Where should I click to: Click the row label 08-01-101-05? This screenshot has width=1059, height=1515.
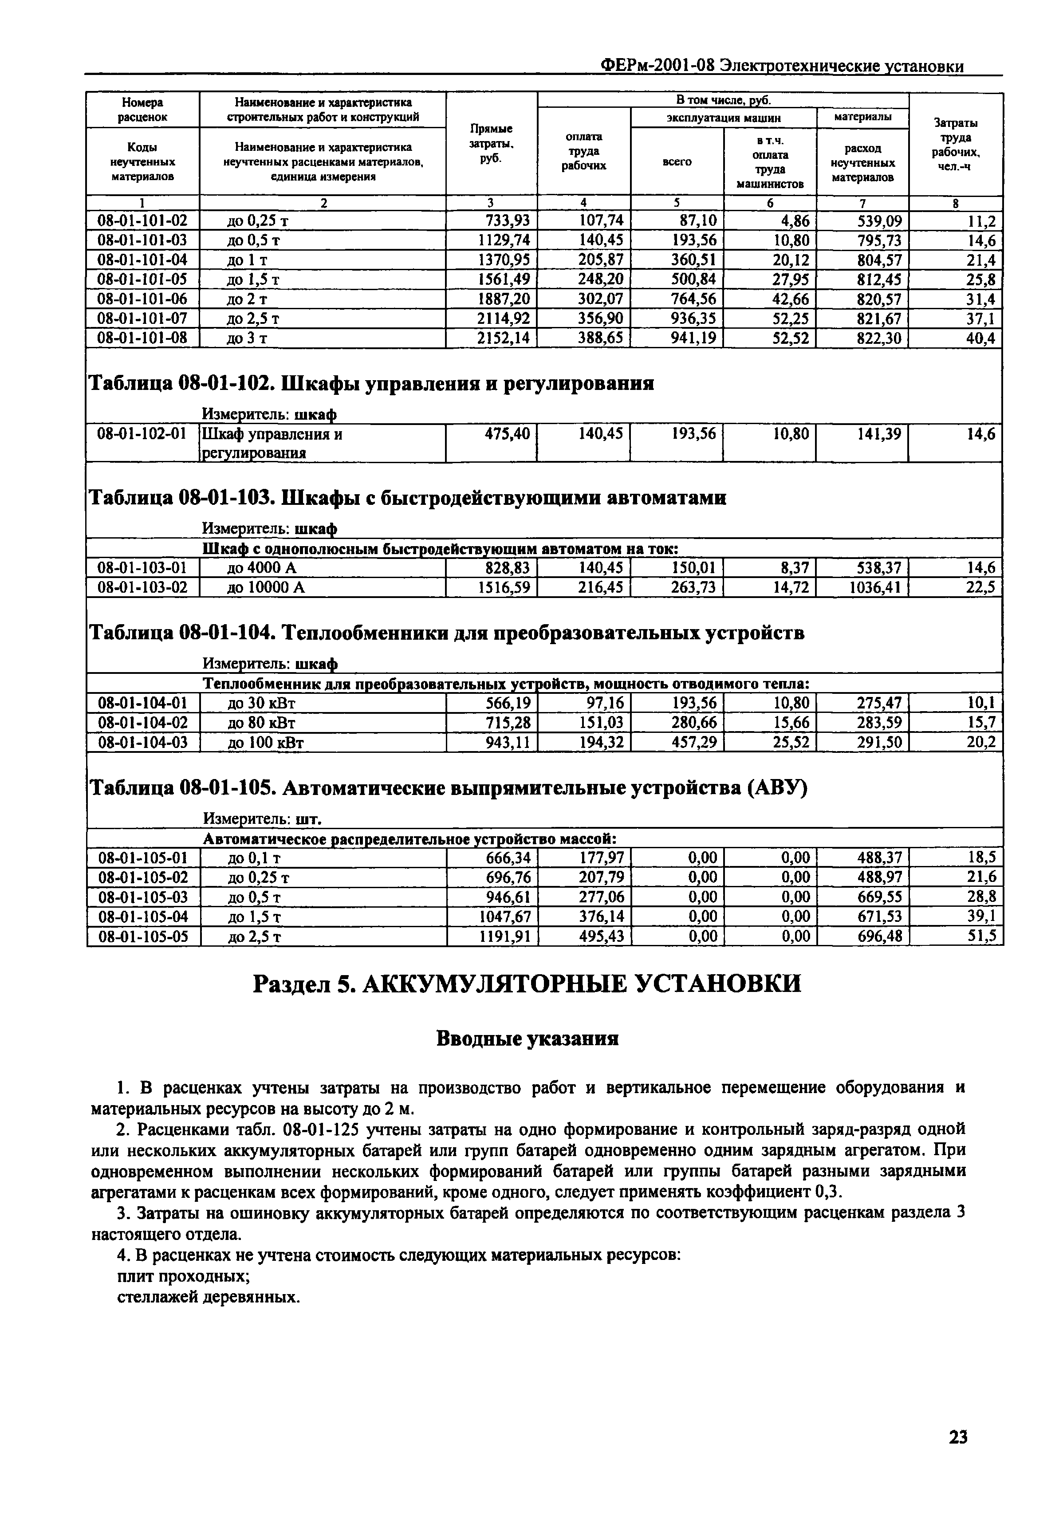[142, 279]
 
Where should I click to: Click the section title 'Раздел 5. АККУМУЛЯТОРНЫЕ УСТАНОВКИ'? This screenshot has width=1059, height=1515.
[528, 983]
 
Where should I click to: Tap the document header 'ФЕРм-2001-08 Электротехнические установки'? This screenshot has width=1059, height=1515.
[782, 66]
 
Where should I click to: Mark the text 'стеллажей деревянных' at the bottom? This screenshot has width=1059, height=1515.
[209, 1297]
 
